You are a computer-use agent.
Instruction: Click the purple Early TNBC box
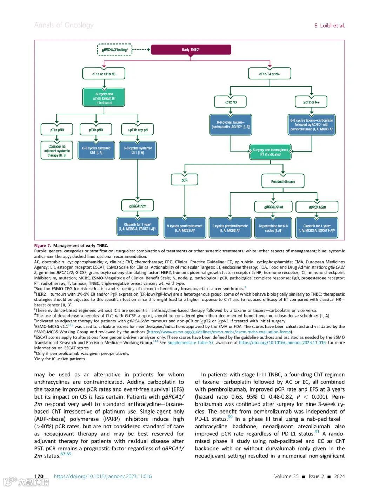point(191,49)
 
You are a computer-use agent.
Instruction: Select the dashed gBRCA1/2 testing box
point(115,50)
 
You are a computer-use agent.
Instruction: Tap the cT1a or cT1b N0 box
point(104,74)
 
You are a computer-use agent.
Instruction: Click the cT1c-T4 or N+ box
point(270,74)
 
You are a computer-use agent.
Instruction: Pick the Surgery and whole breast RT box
point(104,98)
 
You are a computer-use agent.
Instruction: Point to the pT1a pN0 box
point(57,130)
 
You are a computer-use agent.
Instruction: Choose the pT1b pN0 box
point(96,130)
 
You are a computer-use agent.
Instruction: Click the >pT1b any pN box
point(138,130)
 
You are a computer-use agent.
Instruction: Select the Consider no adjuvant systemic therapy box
point(57,151)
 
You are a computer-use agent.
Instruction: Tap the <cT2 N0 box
point(231,102)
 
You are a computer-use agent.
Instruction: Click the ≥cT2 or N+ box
point(311,102)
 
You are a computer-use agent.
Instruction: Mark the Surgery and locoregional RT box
point(271,152)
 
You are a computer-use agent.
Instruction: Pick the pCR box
point(185,180)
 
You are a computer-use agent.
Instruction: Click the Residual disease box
point(283,181)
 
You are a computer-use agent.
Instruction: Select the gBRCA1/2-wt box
point(274,207)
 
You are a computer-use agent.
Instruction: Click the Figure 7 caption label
point(42,246)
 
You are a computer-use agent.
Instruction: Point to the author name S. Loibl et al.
point(329,26)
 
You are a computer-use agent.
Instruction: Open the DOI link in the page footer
point(103,476)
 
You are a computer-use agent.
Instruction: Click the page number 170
point(39,476)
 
